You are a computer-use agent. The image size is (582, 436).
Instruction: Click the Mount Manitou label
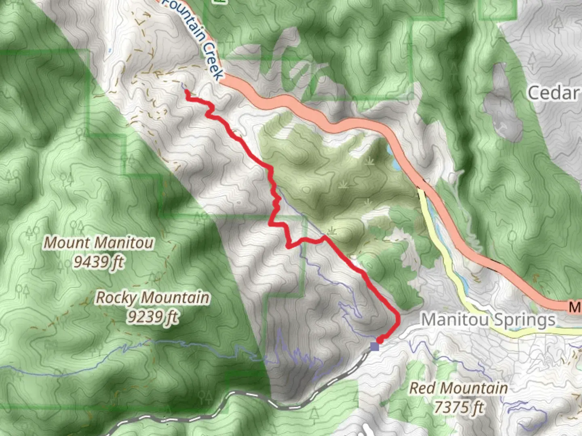[x=99, y=243]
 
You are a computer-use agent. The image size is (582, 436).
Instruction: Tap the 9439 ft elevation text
[x=99, y=262]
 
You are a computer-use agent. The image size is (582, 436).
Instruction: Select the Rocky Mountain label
[x=152, y=298]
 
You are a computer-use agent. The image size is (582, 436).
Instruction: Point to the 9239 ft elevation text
[x=152, y=317]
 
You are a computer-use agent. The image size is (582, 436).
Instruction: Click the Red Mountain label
[x=458, y=388]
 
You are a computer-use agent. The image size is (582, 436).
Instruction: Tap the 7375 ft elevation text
[x=458, y=407]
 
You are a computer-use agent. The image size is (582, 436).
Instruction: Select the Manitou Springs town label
[x=488, y=320]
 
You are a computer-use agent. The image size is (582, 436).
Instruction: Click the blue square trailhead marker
[x=375, y=346]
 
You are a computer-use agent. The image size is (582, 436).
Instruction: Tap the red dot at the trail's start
[x=380, y=342]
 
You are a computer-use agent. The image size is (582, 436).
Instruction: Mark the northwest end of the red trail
[x=187, y=92]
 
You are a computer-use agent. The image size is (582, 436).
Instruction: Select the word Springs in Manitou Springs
[x=523, y=320]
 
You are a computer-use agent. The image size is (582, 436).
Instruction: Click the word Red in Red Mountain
[x=422, y=388]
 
